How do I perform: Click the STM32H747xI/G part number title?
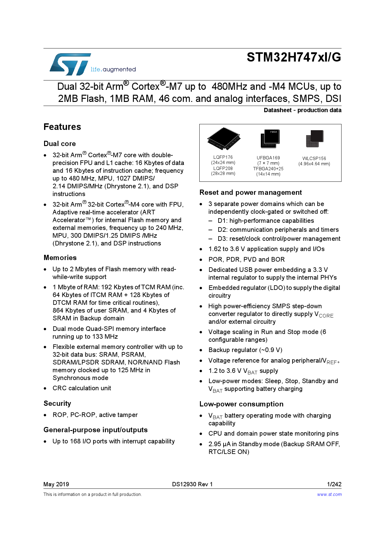click(x=294, y=57)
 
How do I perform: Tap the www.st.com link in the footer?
click(x=329, y=494)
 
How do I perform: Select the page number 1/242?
click(x=334, y=484)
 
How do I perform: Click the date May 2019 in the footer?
click(x=56, y=484)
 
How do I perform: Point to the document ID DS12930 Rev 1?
click(x=192, y=484)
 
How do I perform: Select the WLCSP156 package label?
click(x=314, y=158)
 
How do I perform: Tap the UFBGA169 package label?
click(x=268, y=158)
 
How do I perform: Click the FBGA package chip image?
click(x=270, y=139)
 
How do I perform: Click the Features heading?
click(x=62, y=127)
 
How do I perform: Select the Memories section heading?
click(x=60, y=258)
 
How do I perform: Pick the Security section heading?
click(x=57, y=403)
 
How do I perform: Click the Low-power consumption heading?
click(x=241, y=404)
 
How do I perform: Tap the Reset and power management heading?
click(x=251, y=192)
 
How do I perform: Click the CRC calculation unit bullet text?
click(x=82, y=388)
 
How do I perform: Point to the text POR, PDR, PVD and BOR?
click(x=247, y=259)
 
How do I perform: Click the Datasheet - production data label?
click(x=302, y=110)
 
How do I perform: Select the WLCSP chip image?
click(x=315, y=139)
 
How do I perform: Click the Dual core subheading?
click(x=60, y=144)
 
